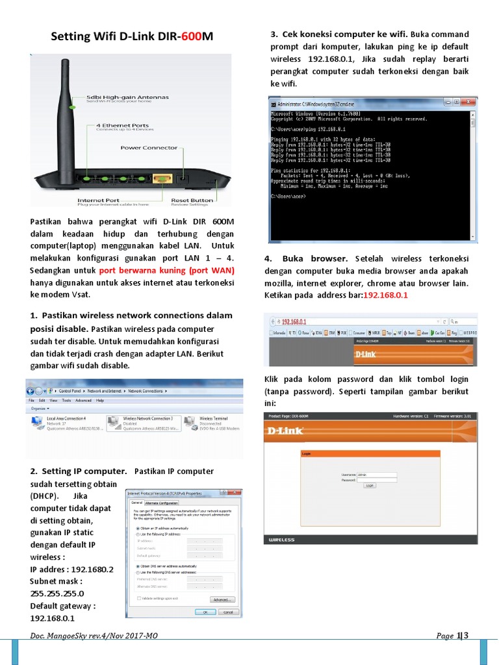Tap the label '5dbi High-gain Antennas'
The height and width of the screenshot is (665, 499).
(x=128, y=97)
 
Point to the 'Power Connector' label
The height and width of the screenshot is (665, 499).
(x=149, y=147)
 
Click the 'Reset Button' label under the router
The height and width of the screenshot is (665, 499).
(x=192, y=201)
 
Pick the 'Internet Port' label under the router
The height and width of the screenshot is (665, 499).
(x=99, y=201)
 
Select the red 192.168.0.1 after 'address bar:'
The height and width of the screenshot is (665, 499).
(x=385, y=295)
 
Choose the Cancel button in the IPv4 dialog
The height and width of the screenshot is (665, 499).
(x=227, y=611)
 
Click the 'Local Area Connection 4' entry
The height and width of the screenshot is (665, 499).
(x=67, y=419)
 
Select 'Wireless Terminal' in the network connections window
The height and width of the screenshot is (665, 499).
(x=213, y=419)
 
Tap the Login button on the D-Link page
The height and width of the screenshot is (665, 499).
(x=370, y=485)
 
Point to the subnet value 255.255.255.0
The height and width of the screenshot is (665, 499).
(x=57, y=593)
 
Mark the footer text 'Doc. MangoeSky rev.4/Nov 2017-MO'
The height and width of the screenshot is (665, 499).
(x=94, y=636)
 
